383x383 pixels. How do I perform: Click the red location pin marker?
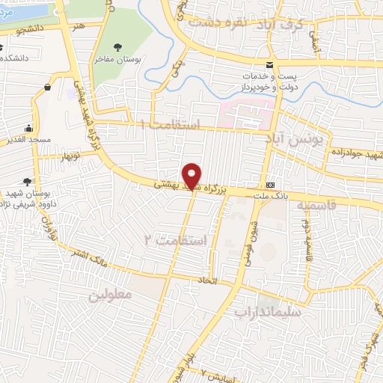[192, 175]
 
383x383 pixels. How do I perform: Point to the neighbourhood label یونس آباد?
[297, 139]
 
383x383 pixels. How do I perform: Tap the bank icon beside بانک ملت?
[269, 185]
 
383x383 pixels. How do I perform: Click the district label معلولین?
[110, 295]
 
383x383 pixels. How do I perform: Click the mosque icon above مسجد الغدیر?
[28, 127]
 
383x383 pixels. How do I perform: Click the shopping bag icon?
[47, 87]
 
